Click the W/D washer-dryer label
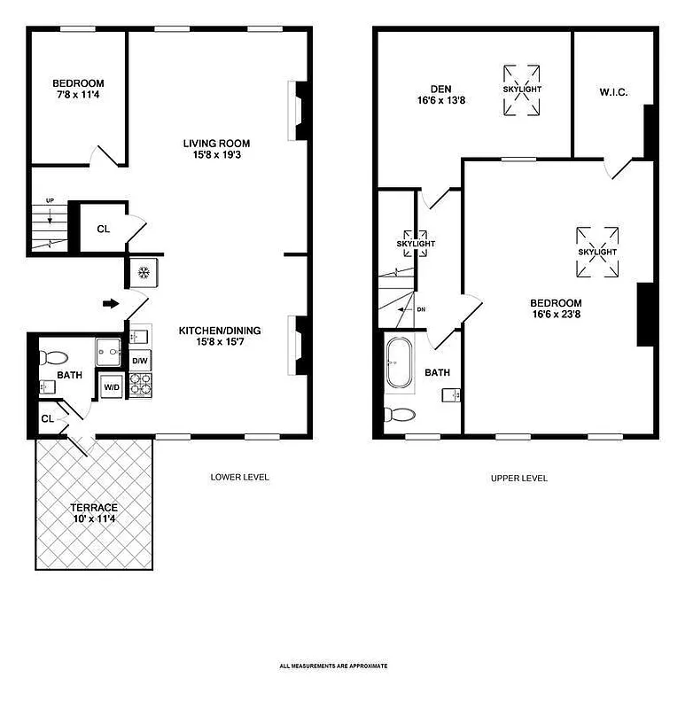[112, 386]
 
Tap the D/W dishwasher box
[141, 361]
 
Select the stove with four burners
[141, 386]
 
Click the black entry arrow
[111, 304]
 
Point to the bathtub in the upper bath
[399, 362]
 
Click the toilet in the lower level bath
[54, 359]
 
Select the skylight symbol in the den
[522, 90]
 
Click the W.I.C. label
[613, 92]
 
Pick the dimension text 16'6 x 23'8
[557, 313]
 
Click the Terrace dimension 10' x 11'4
[94, 519]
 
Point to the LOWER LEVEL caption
[239, 478]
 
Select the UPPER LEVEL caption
[519, 478]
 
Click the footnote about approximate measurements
[333, 666]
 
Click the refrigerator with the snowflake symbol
[142, 272]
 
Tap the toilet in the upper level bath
[401, 415]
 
